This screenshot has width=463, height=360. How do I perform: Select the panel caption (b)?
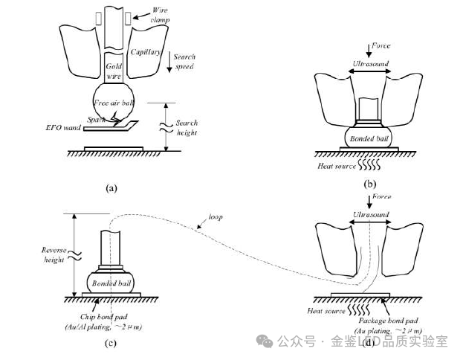[369, 183]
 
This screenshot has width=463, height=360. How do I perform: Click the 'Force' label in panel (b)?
[379, 46]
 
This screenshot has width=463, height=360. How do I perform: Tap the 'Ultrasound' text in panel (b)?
[369, 63]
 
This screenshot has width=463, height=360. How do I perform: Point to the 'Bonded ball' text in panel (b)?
[368, 138]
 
